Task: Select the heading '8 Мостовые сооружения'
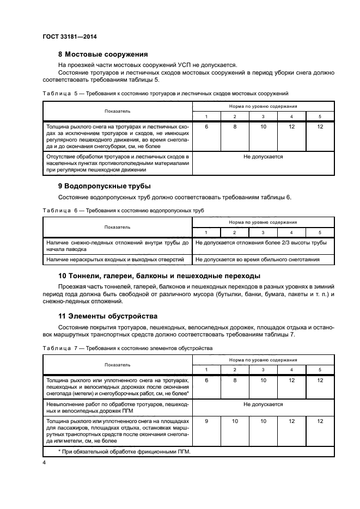(103, 54)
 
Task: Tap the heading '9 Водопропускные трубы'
(104, 186)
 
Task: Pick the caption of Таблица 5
(165, 94)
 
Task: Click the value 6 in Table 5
(206, 126)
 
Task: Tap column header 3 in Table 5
(263, 117)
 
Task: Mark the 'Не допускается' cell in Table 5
(263, 157)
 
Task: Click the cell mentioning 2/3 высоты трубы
(261, 242)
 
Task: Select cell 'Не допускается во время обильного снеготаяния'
(257, 260)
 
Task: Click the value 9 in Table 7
(206, 421)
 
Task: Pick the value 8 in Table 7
(235, 380)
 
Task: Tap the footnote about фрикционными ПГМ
(123, 452)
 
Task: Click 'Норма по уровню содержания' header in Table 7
(263, 360)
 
